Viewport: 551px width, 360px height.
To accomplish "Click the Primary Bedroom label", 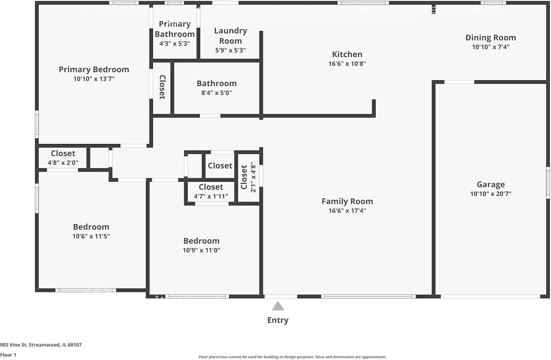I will click(94, 69).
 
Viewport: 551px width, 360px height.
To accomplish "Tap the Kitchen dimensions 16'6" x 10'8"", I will click(347, 64).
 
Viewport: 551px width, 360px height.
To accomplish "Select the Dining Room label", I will click(490, 37).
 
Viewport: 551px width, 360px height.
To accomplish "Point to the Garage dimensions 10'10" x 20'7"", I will click(490, 194).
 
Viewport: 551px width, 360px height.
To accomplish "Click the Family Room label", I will click(347, 201).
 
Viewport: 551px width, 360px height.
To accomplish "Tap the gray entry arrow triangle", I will click(278, 306).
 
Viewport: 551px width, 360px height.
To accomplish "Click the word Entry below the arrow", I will click(278, 320).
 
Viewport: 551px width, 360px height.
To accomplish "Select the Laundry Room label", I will click(230, 36).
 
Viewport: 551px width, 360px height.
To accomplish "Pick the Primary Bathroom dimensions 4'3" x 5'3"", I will click(174, 43).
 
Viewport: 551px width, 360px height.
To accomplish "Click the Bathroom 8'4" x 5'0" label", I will click(217, 84).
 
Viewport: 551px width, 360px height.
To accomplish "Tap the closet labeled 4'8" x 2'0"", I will click(63, 153).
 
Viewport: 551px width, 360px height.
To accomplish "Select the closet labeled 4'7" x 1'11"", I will click(211, 187).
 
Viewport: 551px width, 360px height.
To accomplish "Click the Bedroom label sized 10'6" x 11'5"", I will click(91, 227).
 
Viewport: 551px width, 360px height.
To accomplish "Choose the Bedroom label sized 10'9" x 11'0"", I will click(201, 241).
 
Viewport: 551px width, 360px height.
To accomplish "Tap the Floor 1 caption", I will click(8, 355).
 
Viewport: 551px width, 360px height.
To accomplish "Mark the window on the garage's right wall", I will click(548, 183).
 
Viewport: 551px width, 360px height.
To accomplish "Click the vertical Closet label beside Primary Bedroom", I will click(162, 87).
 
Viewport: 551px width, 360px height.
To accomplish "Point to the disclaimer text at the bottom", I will click(292, 357).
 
